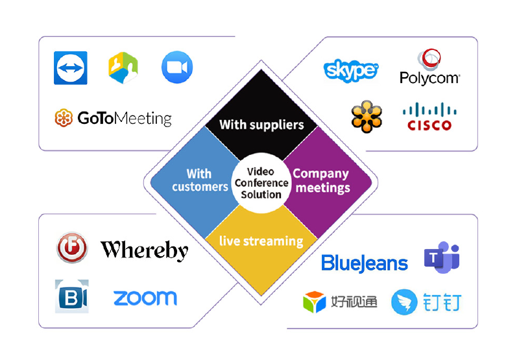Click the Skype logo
click(350, 70)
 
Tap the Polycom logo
click(429, 67)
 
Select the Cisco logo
click(429, 117)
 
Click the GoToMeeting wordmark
click(125, 118)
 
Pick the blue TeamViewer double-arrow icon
click(71, 68)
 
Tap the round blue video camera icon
click(177, 67)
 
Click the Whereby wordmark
click(144, 250)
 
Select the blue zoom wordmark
click(145, 298)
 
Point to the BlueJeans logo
click(365, 263)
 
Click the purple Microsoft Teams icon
click(442, 257)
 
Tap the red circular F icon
click(72, 248)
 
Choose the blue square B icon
click(72, 296)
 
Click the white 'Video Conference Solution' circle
click(261, 183)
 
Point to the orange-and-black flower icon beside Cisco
click(367, 117)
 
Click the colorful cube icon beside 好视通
click(315, 302)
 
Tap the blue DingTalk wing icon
click(404, 302)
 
